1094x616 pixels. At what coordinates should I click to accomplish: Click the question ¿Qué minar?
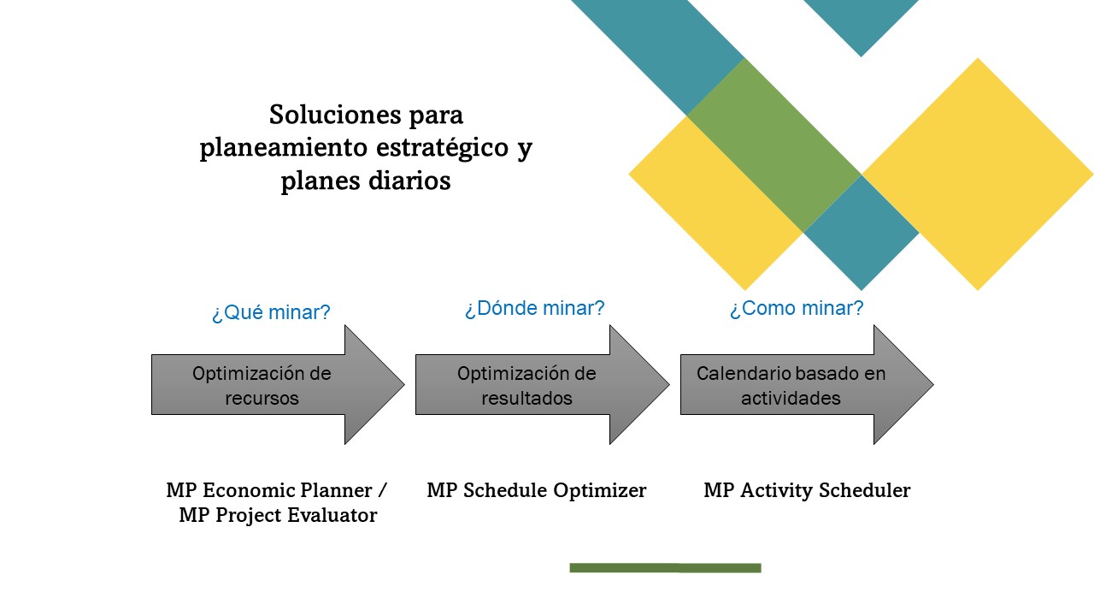click(271, 312)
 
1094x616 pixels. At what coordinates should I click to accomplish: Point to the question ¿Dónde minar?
click(534, 308)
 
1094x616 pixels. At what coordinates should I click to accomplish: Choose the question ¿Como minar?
click(796, 308)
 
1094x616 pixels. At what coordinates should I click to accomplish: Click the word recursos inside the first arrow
click(262, 399)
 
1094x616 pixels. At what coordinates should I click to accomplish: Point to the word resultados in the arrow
click(526, 399)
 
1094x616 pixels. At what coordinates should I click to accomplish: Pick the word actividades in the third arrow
click(791, 399)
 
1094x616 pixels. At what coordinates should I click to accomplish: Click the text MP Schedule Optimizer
click(536, 490)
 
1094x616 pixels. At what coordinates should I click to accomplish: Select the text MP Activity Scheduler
click(807, 490)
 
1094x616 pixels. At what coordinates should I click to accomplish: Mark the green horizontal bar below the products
click(665, 567)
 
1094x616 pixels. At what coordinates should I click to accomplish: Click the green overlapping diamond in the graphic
click(773, 145)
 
